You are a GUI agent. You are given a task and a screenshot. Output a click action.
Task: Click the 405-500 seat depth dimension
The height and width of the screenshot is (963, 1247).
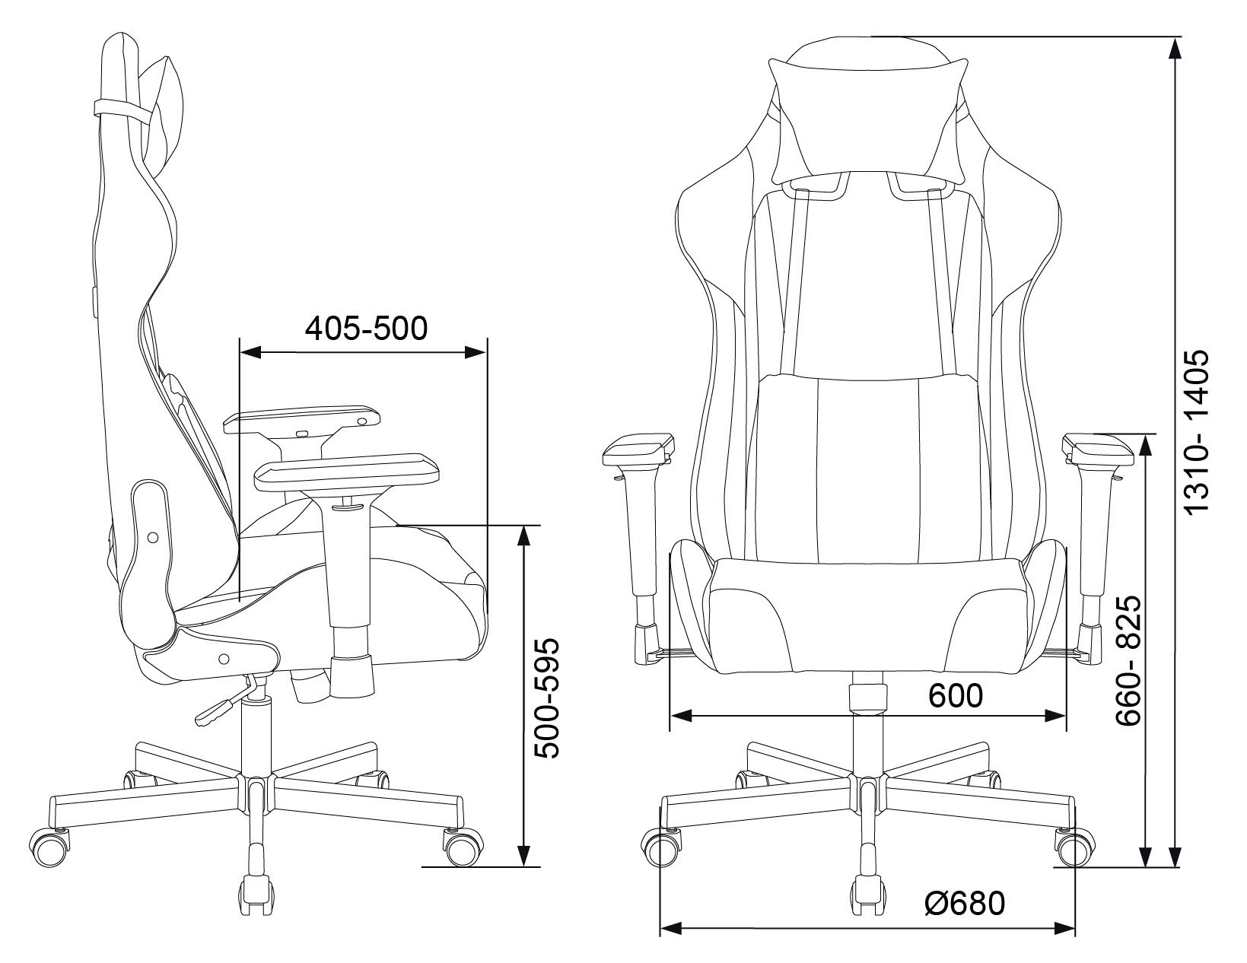coord(366,329)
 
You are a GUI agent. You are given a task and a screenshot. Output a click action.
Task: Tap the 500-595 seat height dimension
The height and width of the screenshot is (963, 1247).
coord(546,698)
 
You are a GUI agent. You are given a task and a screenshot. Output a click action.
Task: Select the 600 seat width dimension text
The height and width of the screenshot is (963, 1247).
coord(956,696)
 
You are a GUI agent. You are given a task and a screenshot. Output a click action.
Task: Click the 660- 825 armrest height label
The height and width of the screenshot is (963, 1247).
coord(1128,661)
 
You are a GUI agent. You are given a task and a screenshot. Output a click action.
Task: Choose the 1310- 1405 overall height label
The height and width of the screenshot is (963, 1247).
coord(1197,433)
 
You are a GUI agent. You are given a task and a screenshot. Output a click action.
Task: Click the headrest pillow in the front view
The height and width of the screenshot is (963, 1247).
coord(868,119)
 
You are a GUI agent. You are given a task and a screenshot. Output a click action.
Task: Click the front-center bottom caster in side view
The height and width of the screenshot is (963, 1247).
coord(256,906)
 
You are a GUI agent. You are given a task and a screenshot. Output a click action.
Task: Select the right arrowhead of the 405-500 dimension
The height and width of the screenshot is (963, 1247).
coord(476,351)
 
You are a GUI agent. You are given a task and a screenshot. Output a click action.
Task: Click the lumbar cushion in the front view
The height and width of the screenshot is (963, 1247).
coord(868,465)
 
